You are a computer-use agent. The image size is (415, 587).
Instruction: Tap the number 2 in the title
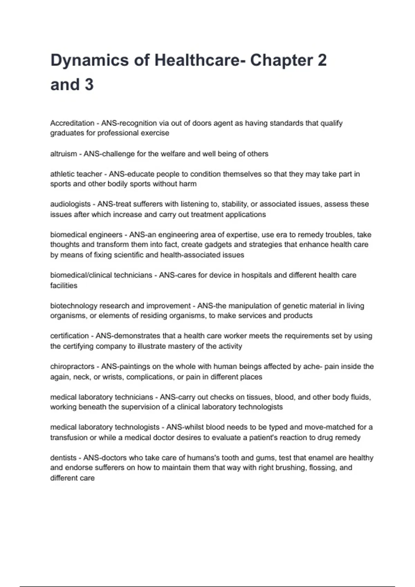322,60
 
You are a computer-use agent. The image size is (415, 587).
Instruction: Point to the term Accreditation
72,123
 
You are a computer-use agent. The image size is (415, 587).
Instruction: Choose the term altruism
64,154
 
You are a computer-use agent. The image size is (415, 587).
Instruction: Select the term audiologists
70,204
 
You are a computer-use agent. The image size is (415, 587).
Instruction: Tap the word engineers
105,235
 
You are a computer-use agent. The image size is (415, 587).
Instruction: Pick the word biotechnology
74,306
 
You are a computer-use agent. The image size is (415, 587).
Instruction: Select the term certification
70,336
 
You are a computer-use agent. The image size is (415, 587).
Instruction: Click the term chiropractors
72,366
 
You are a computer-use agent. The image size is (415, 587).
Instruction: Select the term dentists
63,458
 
